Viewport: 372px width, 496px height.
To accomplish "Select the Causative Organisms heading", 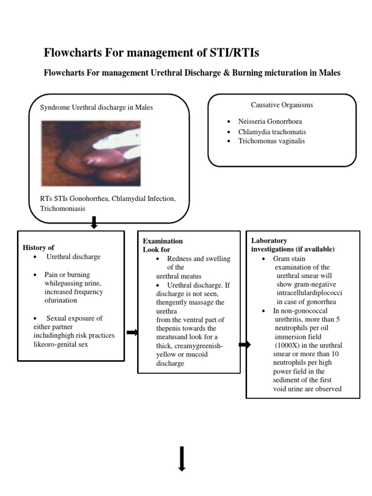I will click(x=282, y=105).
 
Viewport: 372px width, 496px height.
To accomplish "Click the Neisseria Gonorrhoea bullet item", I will click(x=270, y=122).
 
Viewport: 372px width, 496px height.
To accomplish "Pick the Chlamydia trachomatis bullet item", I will click(x=272, y=131).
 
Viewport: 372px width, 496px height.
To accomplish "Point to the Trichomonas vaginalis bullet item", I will click(x=271, y=141).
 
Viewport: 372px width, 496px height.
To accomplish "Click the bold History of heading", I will click(x=38, y=248).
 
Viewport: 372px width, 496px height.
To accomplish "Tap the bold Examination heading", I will click(x=162, y=241).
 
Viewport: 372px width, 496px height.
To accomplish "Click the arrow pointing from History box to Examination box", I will click(x=132, y=332).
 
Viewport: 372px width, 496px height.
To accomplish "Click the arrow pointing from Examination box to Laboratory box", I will click(x=245, y=345).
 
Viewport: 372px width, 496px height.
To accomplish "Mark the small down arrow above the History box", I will click(x=94, y=223).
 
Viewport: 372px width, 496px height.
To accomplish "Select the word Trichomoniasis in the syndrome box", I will click(x=63, y=208).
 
